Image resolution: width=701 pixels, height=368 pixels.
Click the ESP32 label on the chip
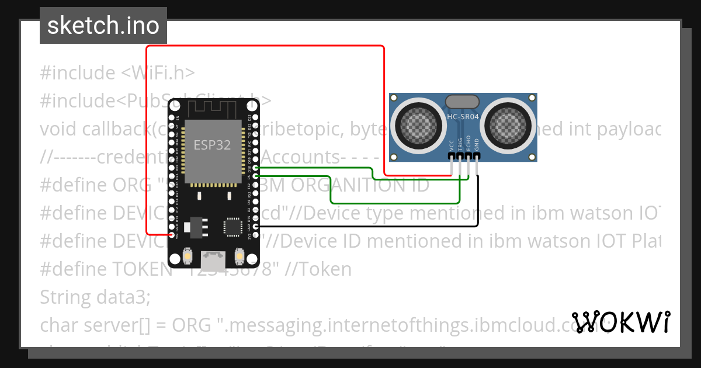pos(213,145)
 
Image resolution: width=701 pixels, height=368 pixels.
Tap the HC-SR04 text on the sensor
pos(463,116)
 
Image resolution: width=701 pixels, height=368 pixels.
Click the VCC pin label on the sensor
pos(452,145)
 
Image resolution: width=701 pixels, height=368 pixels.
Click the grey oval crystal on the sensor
pos(463,102)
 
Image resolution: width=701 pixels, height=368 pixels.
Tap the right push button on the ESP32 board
pos(239,256)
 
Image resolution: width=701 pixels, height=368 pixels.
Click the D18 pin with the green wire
pos(255,168)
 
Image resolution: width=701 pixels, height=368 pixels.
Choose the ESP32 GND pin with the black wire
pos(255,226)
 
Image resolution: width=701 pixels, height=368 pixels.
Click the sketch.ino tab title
pos(103,26)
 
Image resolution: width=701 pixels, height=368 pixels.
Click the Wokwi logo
pos(620,321)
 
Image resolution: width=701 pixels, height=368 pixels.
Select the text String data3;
pos(95,297)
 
